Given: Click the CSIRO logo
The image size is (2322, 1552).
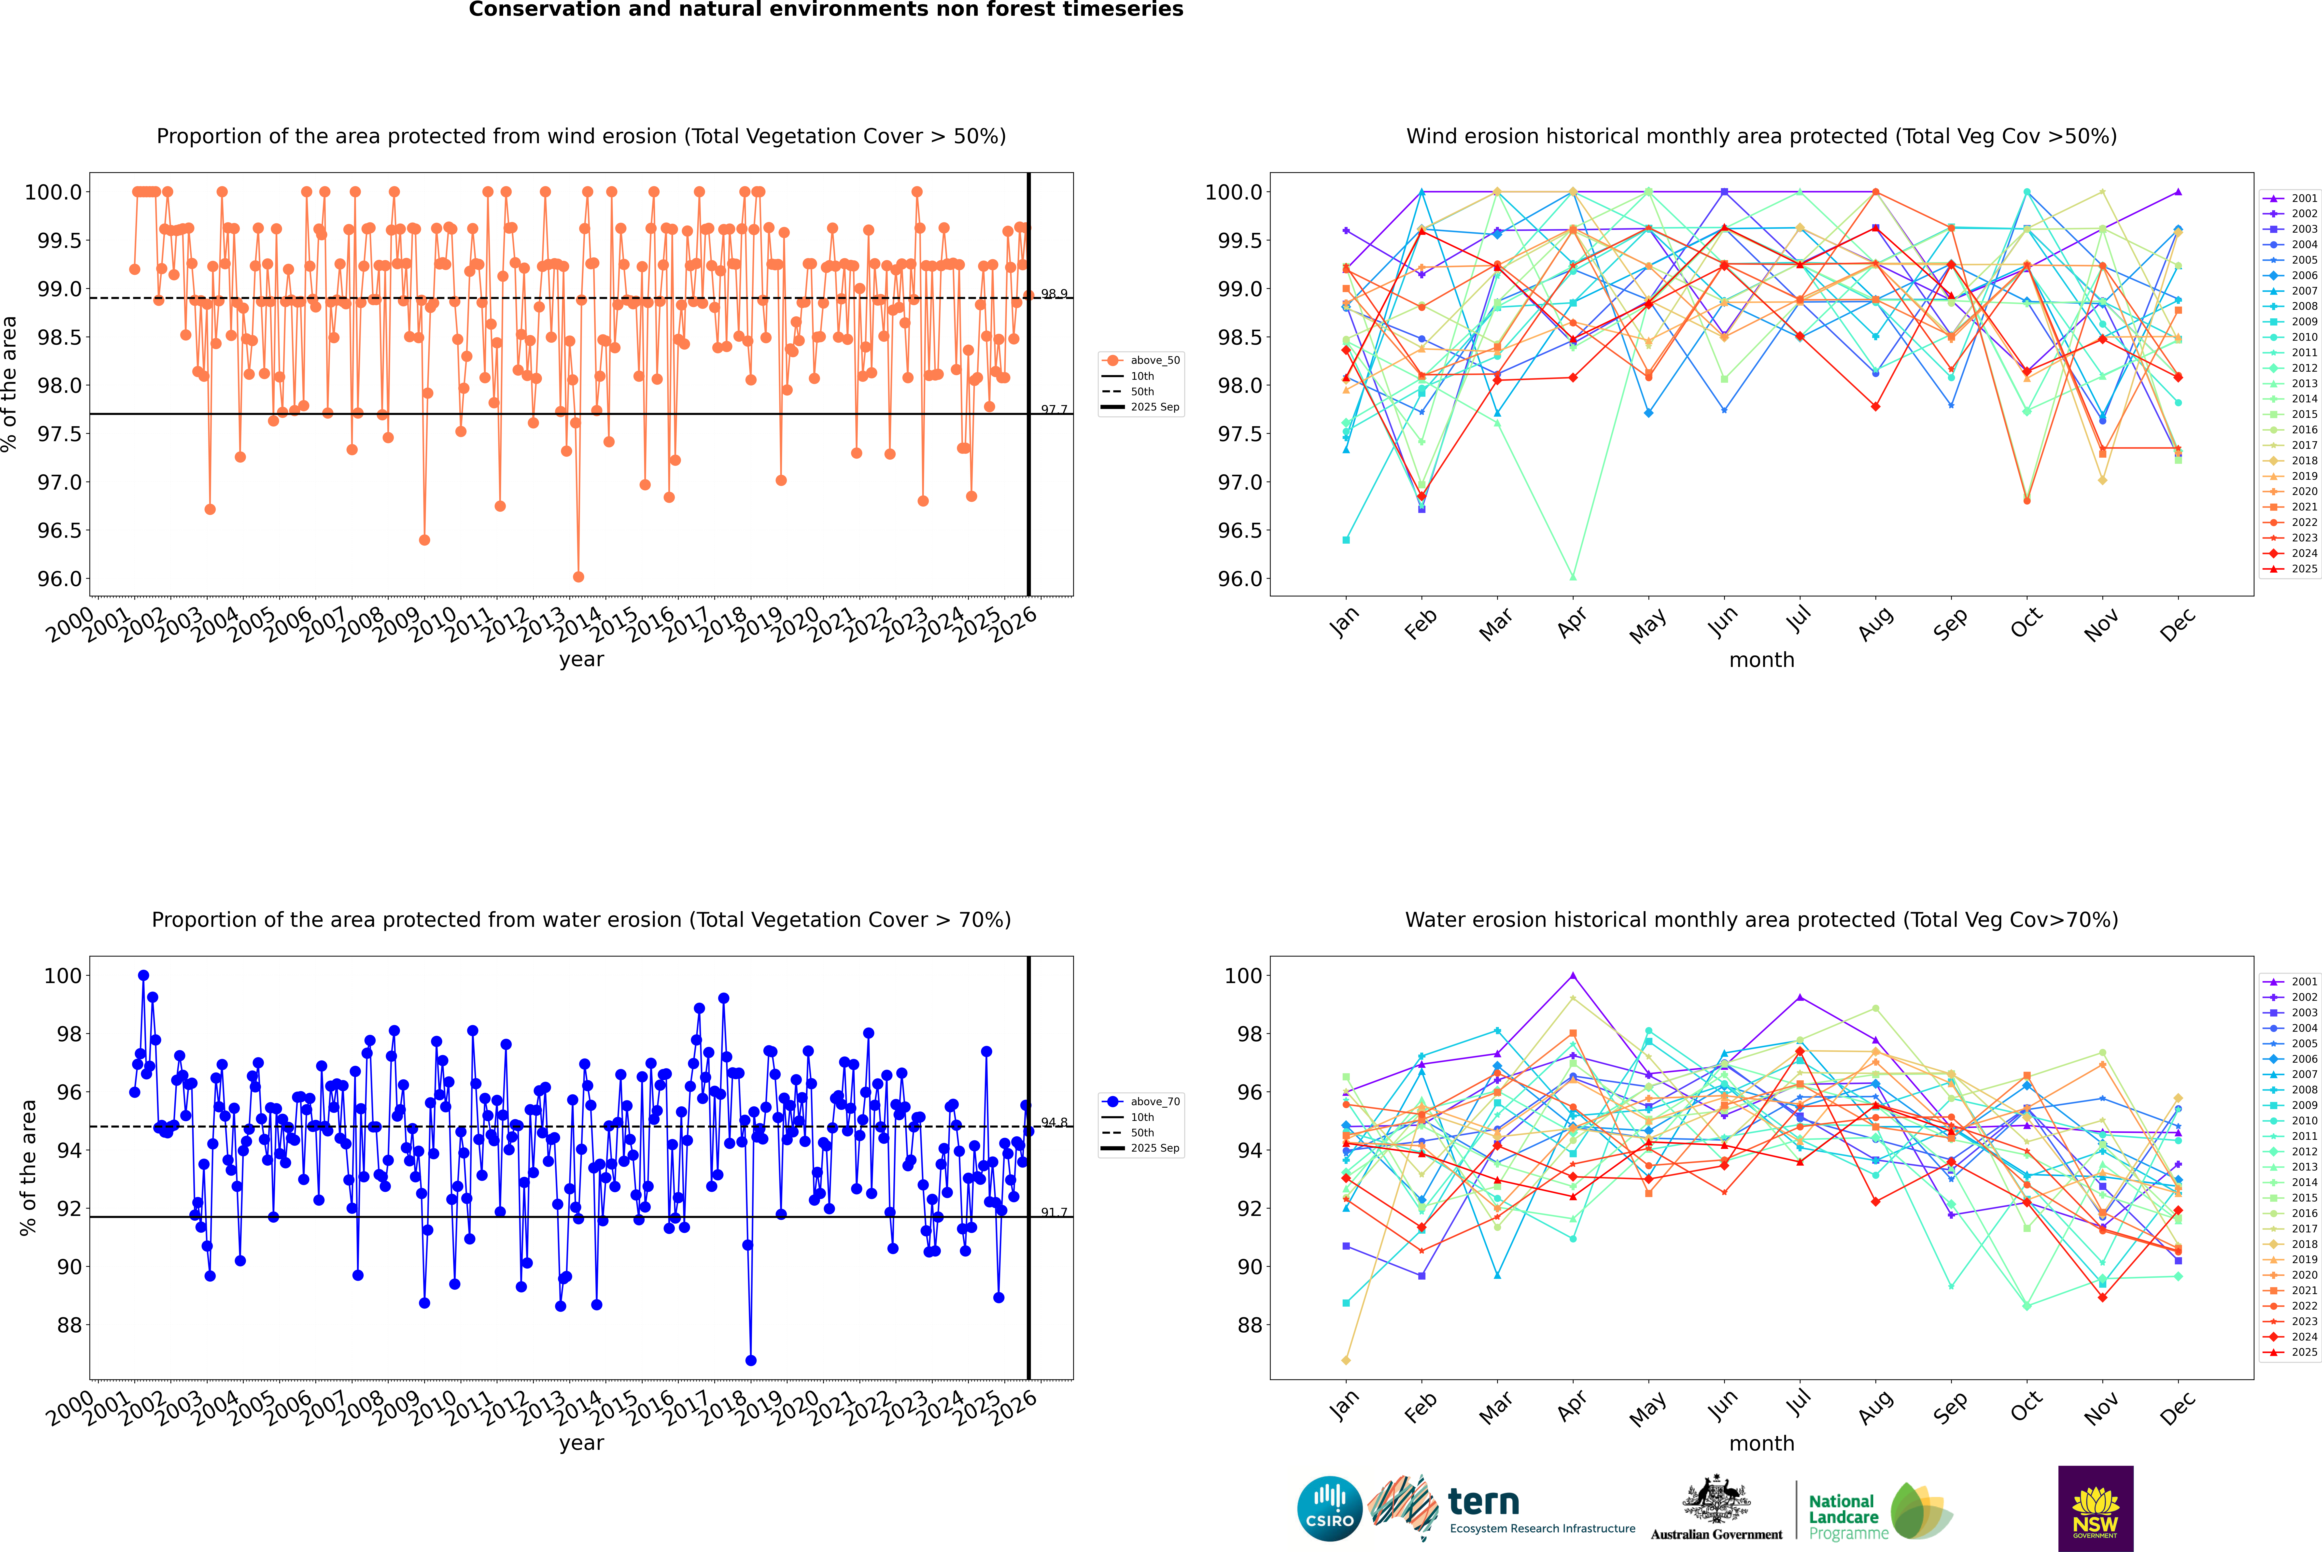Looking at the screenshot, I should tap(1329, 1509).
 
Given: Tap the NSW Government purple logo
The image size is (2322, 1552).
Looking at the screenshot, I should tap(2095, 1509).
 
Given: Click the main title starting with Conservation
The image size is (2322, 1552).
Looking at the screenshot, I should tap(826, 10).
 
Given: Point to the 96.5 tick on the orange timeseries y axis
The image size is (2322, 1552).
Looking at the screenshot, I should tap(59, 531).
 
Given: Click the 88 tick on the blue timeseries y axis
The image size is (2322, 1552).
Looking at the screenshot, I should tap(69, 1325).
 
